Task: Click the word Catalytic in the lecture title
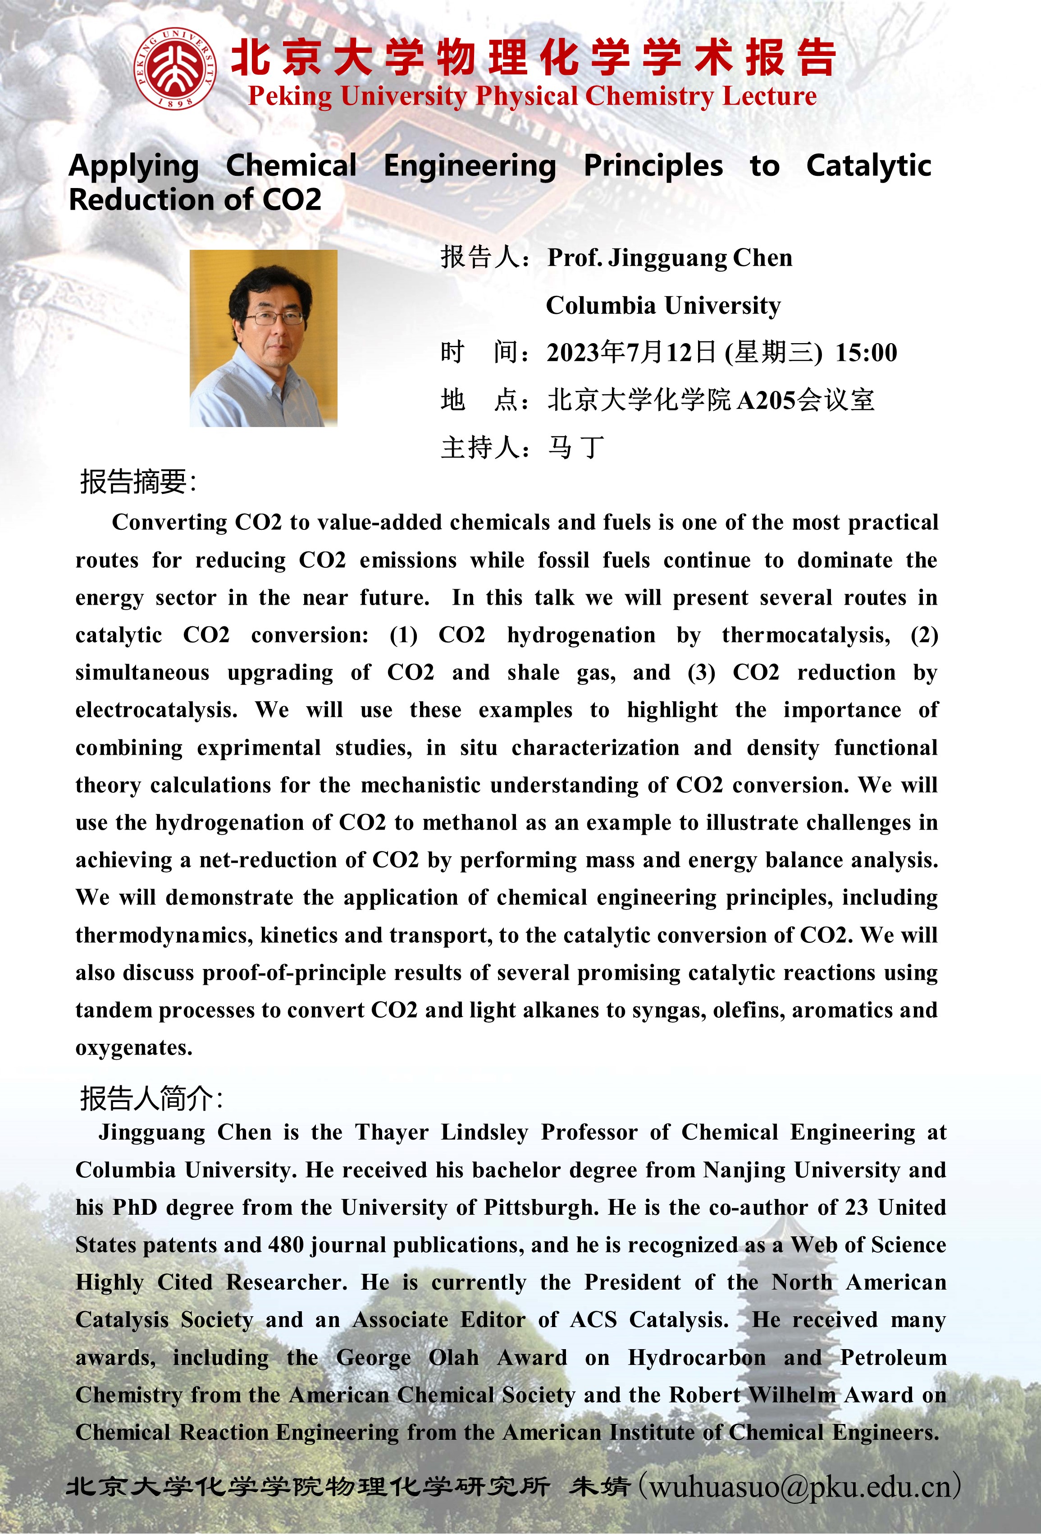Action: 868,165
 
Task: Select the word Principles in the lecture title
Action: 653,165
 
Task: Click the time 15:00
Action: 866,353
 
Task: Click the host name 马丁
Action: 576,447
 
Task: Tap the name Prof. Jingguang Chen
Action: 670,258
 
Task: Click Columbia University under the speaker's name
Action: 663,306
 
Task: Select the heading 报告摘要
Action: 137,482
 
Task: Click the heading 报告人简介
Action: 151,1099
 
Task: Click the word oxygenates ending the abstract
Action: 133,1048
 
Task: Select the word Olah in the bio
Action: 453,1358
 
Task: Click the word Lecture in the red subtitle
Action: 769,96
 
